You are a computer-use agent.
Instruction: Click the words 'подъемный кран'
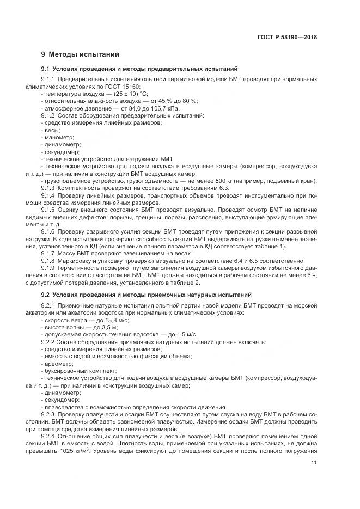pyautogui.click(x=297, y=181)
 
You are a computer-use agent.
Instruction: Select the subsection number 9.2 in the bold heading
pyautogui.click(x=45, y=295)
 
